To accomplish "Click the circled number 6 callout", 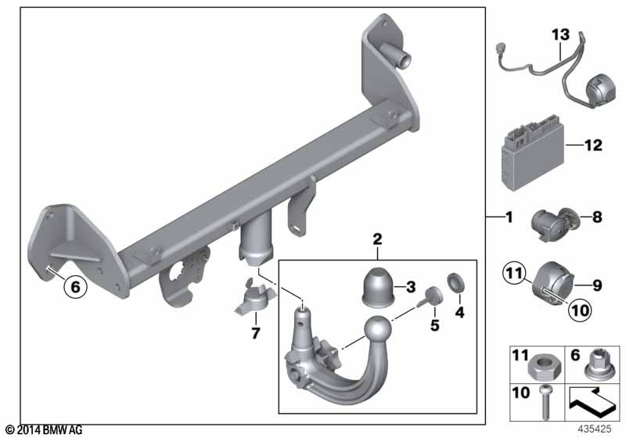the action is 75,286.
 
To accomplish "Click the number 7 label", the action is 256,332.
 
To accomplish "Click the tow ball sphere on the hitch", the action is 377,329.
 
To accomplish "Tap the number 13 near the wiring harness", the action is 560,34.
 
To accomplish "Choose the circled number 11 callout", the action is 514,274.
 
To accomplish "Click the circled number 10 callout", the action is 580,310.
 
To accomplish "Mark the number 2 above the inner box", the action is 377,239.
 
